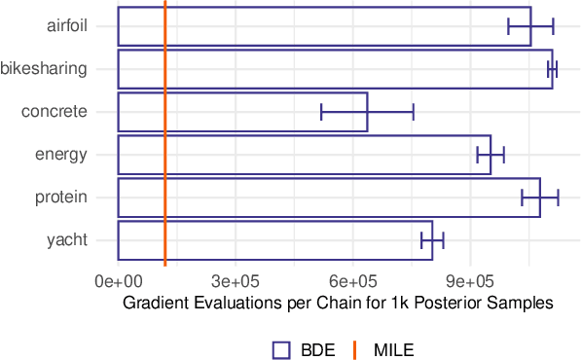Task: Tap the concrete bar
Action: point(242,112)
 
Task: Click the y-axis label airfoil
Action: point(67,26)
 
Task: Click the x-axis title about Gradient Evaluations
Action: point(338,303)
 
